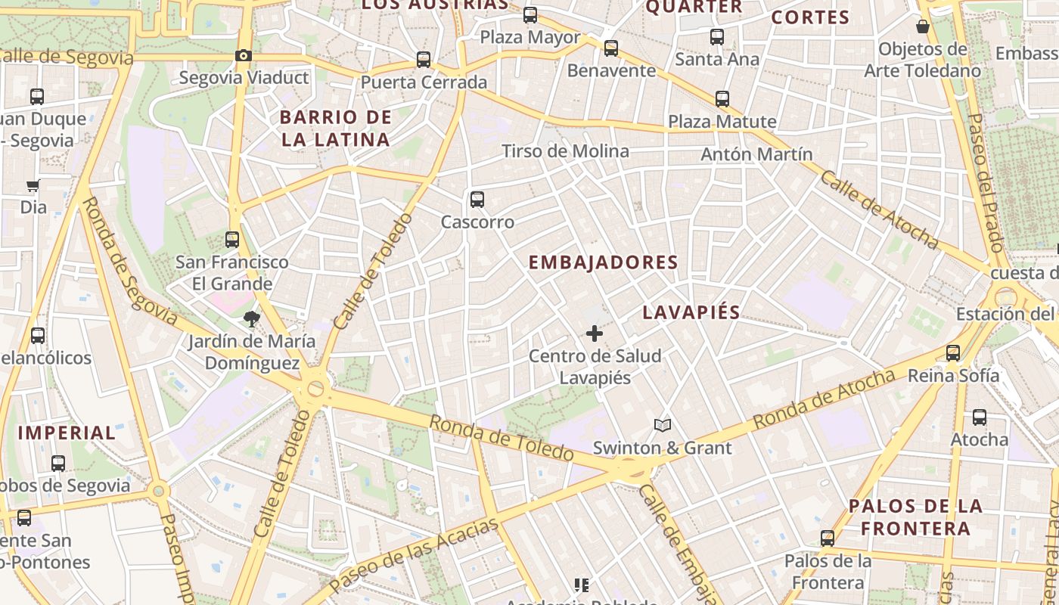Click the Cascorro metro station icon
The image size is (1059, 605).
(477, 200)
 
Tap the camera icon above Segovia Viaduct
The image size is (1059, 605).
(243, 55)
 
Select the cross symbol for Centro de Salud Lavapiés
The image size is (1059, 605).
(595, 333)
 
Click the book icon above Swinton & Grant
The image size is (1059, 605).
(663, 425)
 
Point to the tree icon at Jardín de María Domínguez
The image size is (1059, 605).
(251, 319)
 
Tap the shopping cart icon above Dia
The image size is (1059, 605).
(33, 185)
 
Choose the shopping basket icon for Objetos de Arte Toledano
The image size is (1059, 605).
(923, 27)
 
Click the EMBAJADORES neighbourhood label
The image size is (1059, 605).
(603, 262)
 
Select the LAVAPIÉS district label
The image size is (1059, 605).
(691, 312)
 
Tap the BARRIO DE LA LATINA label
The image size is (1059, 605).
(336, 129)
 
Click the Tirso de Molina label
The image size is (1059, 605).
(565, 151)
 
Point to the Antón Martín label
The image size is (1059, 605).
(756, 154)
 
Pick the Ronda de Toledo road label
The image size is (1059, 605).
(502, 438)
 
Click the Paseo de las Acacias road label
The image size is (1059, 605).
(415, 555)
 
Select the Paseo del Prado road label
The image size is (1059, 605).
(985, 182)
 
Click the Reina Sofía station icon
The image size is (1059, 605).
(953, 353)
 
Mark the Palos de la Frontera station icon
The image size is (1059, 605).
(828, 538)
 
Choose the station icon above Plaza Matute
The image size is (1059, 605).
(722, 99)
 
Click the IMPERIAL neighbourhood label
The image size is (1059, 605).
(67, 433)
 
